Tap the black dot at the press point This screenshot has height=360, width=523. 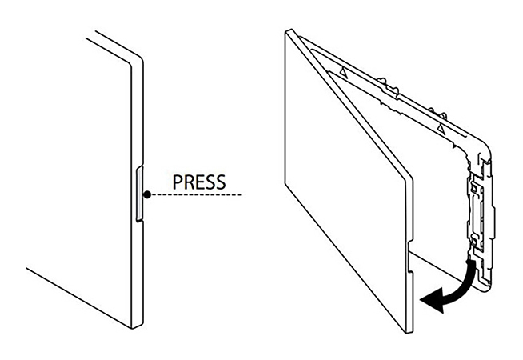click(x=146, y=194)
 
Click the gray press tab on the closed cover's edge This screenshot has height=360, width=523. click(x=140, y=194)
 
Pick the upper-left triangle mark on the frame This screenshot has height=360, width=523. click(x=341, y=72)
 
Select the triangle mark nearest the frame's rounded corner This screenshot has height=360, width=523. click(x=441, y=126)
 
